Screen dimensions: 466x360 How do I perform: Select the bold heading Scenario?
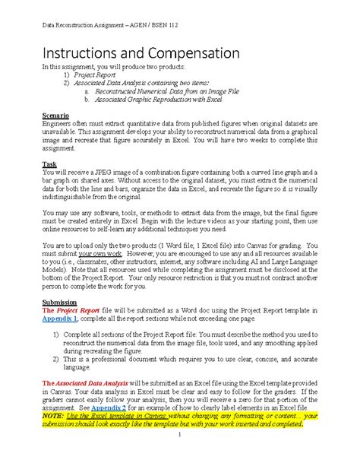pos(55,115)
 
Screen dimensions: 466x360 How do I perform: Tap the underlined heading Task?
pos(48,163)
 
